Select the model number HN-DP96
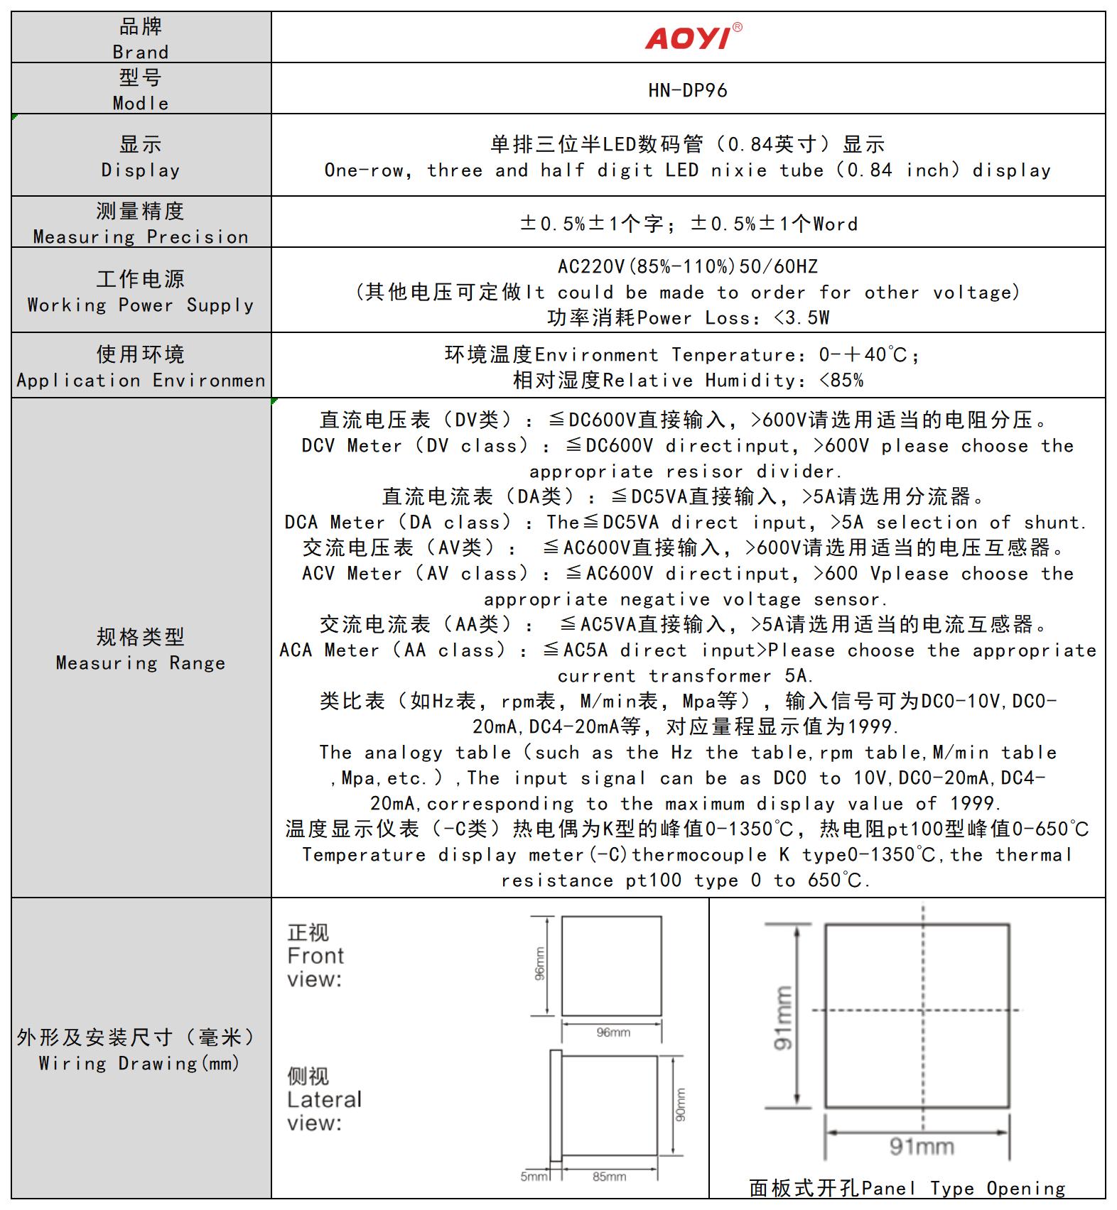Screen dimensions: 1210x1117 [x=687, y=90]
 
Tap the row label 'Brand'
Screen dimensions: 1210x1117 [x=141, y=52]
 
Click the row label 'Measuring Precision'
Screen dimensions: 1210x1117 [x=141, y=236]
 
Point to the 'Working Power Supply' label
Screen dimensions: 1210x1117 [x=141, y=305]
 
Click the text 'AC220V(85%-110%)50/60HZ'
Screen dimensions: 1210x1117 [x=687, y=266]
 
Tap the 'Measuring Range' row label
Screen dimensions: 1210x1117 [x=141, y=663]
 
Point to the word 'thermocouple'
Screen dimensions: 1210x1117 [x=699, y=854]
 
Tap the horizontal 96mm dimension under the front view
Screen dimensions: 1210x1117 [x=613, y=1032]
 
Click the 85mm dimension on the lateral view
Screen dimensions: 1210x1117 [x=609, y=1177]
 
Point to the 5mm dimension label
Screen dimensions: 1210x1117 [x=534, y=1177]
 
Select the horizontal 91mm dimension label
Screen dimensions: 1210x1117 [x=922, y=1146]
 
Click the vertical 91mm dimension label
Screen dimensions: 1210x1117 [x=782, y=1018]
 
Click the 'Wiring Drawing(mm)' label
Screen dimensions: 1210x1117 [x=139, y=1063]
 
